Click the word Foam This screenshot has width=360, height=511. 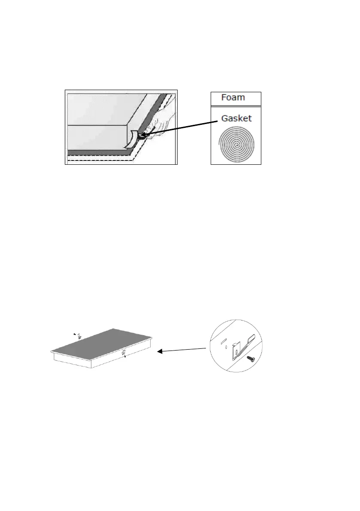tap(233, 97)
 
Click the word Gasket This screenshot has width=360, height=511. tap(236, 118)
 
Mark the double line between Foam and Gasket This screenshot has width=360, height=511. tap(236, 106)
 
